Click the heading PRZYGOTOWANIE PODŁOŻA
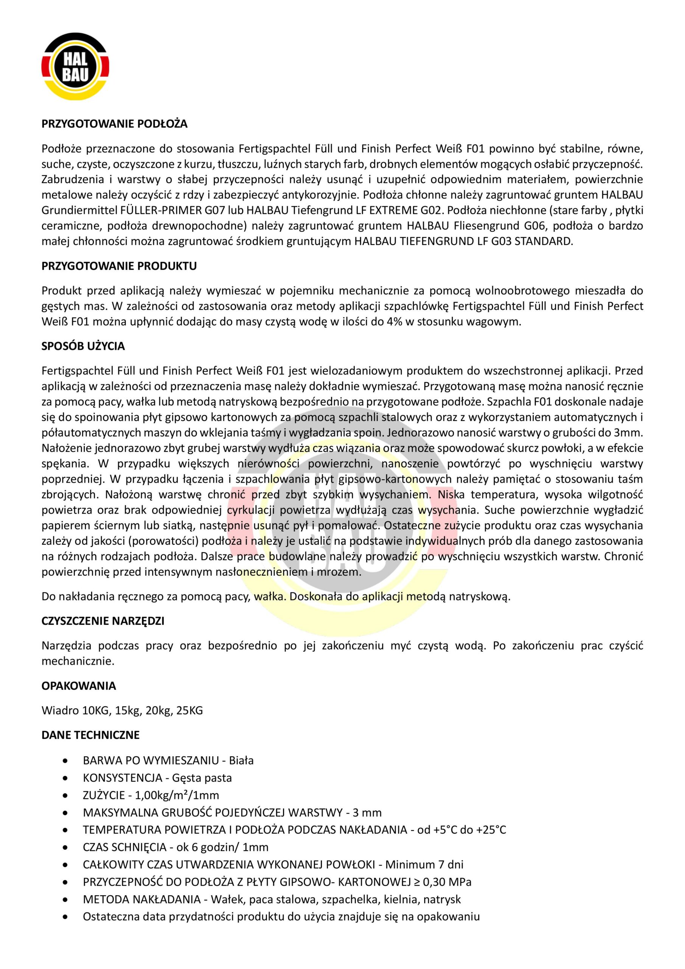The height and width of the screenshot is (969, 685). tap(114, 124)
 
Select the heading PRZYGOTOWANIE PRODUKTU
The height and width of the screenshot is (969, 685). tap(119, 266)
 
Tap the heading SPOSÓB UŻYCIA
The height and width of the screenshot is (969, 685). tap(83, 346)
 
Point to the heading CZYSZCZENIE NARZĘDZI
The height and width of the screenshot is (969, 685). tap(103, 621)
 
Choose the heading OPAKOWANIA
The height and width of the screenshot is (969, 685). tap(78, 686)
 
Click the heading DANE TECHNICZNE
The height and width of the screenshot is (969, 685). tap(90, 735)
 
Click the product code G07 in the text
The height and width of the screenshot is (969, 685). tap(213, 210)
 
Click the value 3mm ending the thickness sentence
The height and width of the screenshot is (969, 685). tap(631, 433)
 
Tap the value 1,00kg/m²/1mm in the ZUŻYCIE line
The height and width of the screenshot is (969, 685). tap(177, 796)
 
